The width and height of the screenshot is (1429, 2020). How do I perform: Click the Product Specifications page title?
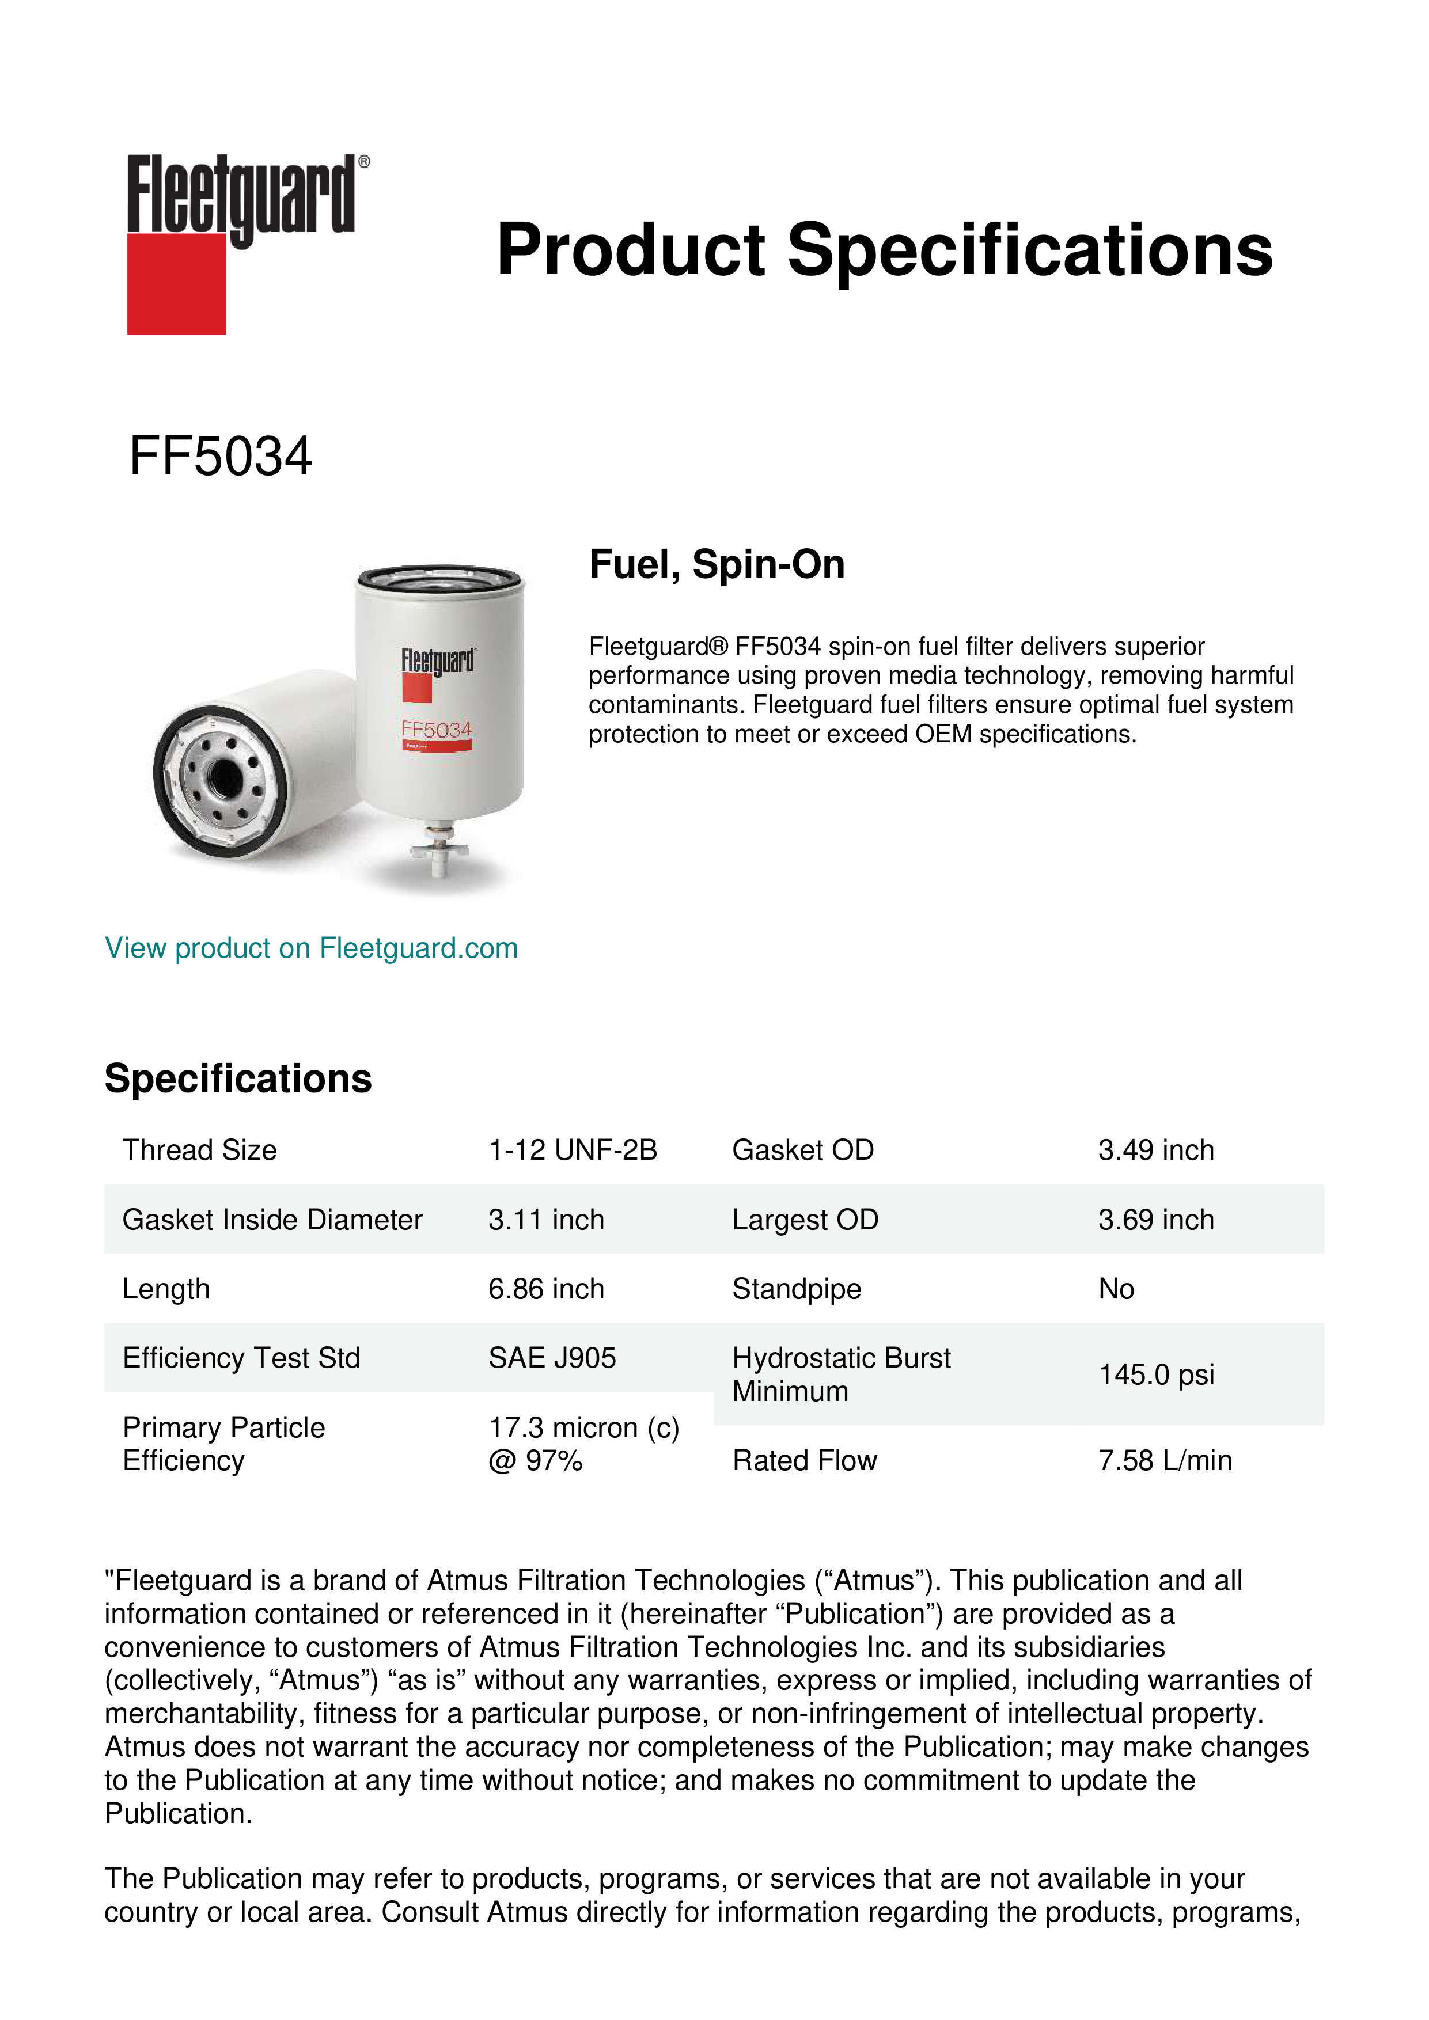tap(884, 250)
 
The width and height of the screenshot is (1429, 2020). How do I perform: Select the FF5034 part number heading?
tap(220, 457)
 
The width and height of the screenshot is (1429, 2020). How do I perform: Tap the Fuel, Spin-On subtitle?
tap(717, 564)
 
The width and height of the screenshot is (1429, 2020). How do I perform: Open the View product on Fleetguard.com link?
tap(310, 948)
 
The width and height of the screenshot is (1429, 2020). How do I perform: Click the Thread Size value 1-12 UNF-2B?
tap(573, 1150)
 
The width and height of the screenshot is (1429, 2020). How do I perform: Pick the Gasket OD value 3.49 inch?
tap(1155, 1150)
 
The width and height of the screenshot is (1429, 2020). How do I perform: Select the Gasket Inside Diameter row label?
tap(272, 1220)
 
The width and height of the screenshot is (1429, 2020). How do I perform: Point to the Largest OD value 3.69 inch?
tap(1155, 1220)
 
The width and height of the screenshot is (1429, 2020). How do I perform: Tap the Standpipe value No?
tap(1116, 1289)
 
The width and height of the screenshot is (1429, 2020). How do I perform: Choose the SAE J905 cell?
tap(552, 1358)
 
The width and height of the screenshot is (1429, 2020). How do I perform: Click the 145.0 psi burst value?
tap(1155, 1374)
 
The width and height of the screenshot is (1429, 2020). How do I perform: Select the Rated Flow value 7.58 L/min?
tap(1164, 1460)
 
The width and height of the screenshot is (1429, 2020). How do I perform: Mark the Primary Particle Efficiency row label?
tap(223, 1444)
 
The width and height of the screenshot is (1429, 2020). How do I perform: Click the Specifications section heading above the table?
tap(237, 1079)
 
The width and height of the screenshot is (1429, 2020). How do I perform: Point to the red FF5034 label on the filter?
tap(437, 730)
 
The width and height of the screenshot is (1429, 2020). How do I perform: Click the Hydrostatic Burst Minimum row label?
tap(840, 1374)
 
